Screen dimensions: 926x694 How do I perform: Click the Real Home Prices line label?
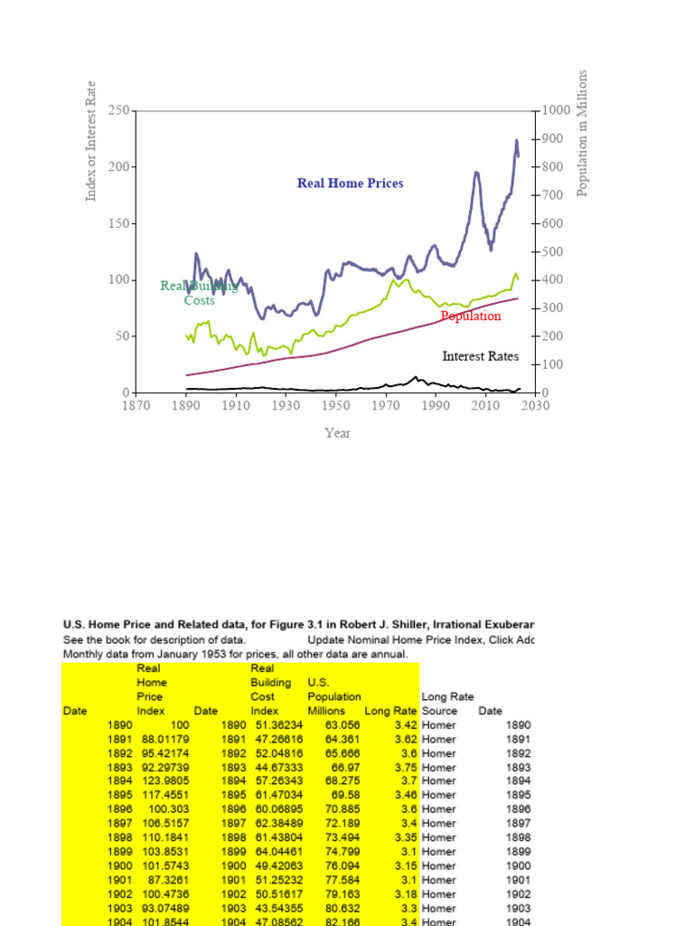point(351,184)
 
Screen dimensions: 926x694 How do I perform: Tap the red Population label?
point(471,317)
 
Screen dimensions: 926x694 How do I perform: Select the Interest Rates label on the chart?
point(481,356)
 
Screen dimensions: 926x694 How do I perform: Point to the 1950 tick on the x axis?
point(335,407)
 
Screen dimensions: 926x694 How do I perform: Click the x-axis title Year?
point(338,433)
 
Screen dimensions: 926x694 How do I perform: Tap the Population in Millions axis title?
point(583,132)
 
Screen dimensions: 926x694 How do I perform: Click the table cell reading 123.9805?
point(163,781)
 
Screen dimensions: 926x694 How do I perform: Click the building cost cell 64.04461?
point(277,852)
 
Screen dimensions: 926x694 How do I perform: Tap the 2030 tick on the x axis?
point(536,407)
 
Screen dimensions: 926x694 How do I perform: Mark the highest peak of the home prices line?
point(516,140)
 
